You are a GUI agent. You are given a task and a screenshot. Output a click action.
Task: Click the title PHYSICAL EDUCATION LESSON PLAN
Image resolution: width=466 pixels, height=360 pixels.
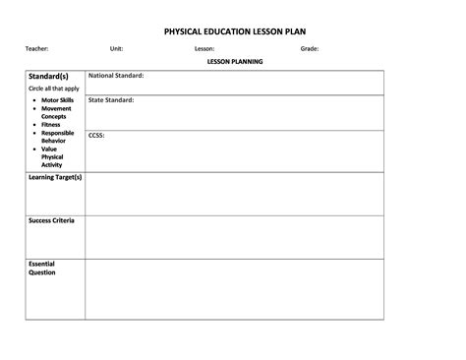[234, 30]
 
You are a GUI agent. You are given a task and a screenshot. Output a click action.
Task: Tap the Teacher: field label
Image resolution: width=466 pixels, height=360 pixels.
[37, 48]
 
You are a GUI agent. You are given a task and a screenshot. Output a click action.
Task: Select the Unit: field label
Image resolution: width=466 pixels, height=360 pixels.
[117, 48]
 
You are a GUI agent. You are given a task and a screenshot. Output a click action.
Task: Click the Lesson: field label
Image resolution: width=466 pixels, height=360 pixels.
[204, 48]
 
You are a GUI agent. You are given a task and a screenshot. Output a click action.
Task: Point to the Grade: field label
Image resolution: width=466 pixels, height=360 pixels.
[310, 48]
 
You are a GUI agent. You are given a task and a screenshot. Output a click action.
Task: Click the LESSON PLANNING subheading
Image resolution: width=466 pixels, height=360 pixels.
[234, 62]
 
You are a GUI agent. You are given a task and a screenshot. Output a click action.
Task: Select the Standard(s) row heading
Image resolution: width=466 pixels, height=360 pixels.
[49, 76]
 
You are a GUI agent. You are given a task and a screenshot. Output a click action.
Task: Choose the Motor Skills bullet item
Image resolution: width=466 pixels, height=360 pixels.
[57, 100]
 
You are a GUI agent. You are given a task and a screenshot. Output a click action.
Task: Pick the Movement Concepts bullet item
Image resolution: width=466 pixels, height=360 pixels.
[57, 112]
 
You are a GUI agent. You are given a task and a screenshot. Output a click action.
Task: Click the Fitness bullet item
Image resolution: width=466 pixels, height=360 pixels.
[51, 125]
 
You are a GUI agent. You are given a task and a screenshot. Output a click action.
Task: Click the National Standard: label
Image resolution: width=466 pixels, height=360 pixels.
[116, 75]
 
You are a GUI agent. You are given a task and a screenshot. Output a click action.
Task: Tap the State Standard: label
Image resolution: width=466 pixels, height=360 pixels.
[111, 100]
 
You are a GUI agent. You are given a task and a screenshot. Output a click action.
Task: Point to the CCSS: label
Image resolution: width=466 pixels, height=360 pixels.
[96, 135]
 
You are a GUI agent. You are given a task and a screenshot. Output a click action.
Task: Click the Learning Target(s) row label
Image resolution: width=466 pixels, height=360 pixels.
[55, 178]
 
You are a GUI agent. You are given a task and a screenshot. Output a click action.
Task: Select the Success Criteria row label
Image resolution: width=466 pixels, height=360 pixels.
[51, 221]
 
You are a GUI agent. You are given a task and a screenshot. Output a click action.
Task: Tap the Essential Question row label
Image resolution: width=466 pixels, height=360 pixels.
[43, 269]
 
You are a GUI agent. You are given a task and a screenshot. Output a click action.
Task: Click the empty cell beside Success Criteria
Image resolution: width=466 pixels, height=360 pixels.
[234, 237]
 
